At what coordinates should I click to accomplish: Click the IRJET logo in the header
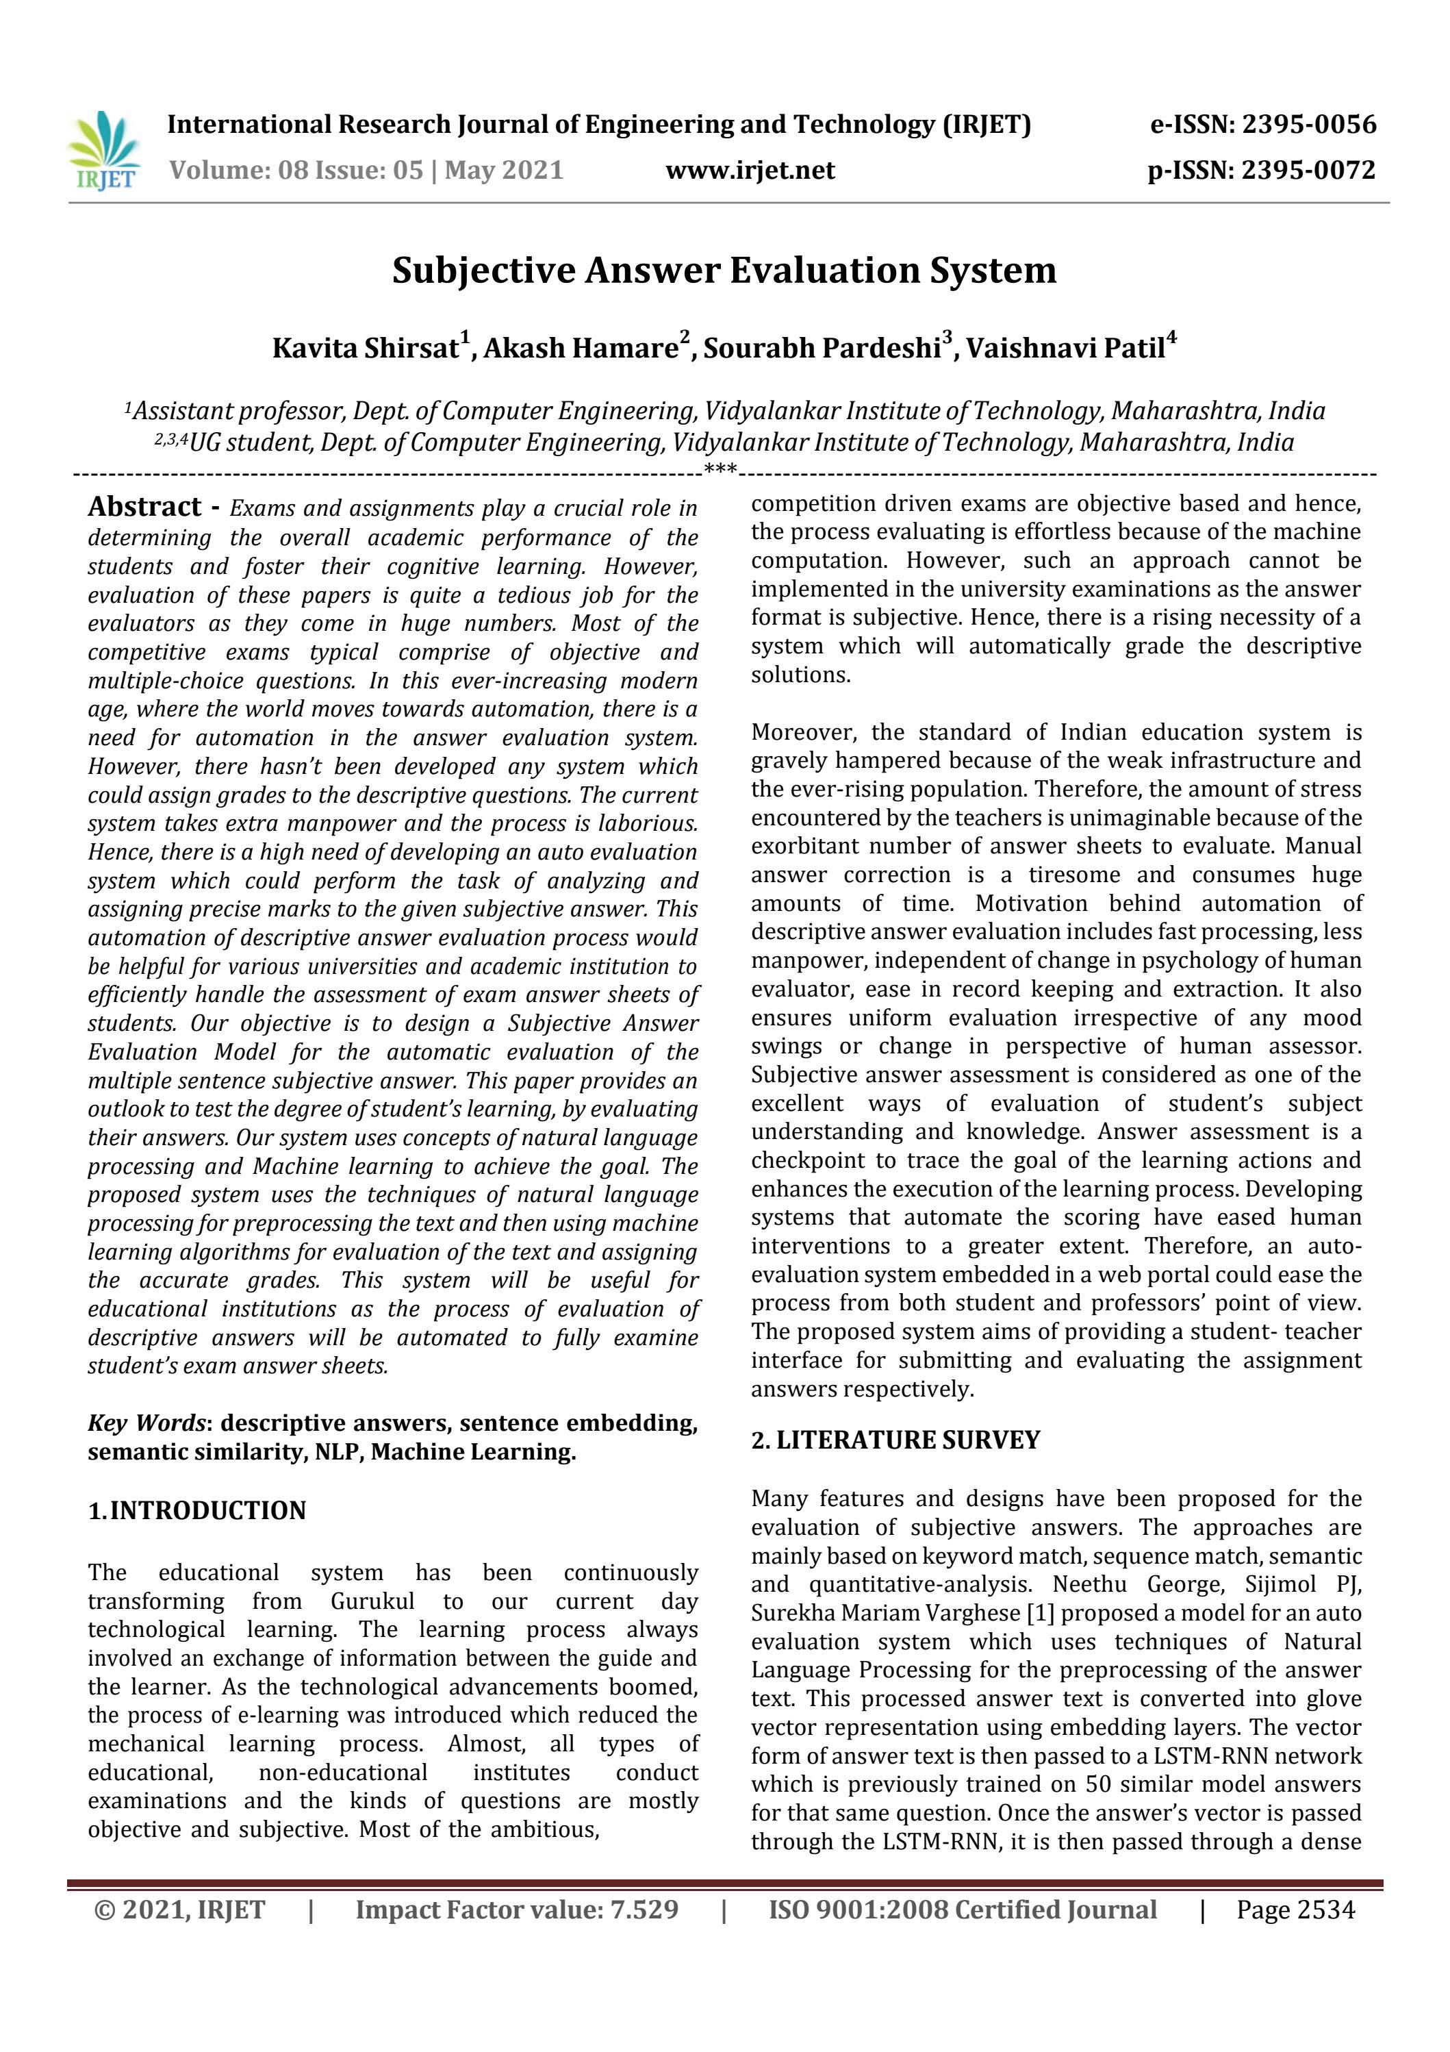point(103,150)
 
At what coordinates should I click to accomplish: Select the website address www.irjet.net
point(750,170)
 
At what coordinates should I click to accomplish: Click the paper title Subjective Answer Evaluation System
point(724,270)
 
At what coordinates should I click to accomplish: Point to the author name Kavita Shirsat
point(366,348)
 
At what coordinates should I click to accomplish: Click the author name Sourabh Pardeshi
point(822,348)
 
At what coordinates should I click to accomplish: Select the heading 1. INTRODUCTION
point(196,1510)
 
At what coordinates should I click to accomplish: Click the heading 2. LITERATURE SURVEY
point(895,1440)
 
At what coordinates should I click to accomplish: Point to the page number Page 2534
point(1295,1910)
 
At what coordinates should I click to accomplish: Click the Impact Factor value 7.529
point(516,1910)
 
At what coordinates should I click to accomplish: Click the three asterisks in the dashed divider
point(720,469)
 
